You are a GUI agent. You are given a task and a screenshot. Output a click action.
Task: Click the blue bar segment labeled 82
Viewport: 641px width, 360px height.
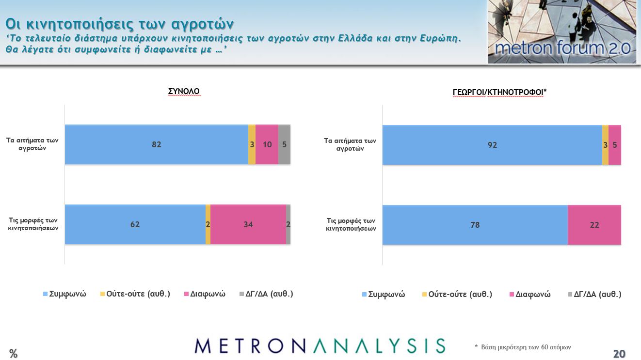[156, 144]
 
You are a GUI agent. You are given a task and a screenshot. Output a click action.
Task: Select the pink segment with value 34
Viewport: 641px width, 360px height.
[248, 224]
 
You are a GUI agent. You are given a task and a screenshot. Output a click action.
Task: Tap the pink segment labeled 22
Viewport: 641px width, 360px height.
[594, 225]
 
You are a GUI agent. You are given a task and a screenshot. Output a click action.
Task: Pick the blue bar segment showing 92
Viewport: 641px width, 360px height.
[492, 145]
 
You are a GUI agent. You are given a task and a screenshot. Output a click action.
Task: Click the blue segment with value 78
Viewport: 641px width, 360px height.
[475, 225]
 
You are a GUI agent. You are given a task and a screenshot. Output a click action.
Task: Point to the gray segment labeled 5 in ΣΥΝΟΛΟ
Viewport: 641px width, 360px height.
[284, 144]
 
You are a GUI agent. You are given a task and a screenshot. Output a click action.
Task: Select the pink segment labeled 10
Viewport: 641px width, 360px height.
[267, 144]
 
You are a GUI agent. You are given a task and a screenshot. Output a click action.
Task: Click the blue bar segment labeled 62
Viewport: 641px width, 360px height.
[135, 224]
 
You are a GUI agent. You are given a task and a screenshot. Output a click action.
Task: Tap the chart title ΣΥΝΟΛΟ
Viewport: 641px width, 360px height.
[183, 91]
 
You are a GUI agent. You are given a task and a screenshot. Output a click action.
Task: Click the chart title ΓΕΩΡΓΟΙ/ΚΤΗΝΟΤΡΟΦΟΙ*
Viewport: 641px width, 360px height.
[499, 92]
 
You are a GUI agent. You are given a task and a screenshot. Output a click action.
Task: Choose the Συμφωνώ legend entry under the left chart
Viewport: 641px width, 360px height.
[64, 294]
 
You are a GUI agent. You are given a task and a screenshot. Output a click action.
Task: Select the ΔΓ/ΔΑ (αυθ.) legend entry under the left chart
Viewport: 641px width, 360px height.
[266, 294]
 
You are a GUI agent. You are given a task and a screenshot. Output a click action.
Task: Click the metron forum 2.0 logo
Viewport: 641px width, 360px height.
[562, 32]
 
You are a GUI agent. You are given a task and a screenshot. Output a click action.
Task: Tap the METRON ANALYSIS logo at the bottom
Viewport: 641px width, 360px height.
[320, 345]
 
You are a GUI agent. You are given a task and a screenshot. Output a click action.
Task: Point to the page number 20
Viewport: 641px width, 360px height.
[619, 354]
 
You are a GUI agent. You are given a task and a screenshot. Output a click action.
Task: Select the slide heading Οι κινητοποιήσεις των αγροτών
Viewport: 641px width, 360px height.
[120, 23]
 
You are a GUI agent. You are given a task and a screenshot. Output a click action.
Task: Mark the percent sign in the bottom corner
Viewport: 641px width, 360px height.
[13, 354]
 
